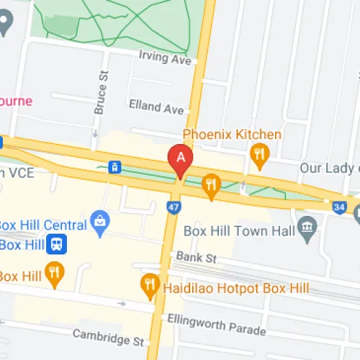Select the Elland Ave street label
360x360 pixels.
(156, 108)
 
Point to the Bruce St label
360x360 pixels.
(99, 92)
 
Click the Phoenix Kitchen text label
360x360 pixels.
(231, 135)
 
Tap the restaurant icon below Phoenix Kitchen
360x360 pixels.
(259, 153)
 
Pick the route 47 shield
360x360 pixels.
(173, 207)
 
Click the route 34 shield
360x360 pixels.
(338, 207)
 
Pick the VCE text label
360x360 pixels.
(22, 173)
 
